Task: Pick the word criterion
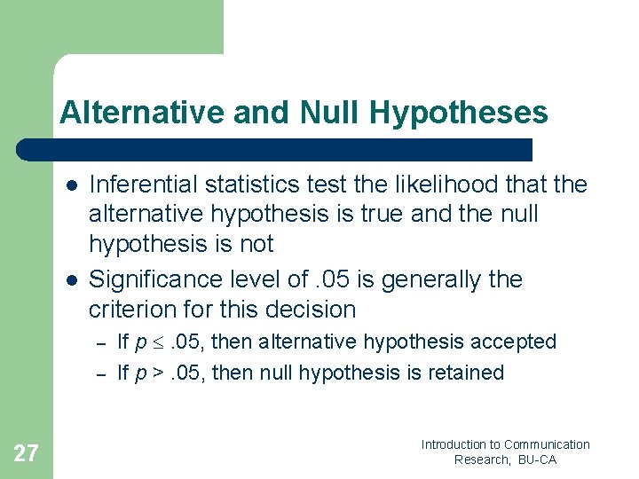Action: pos(128,310)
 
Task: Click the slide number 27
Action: pos(26,454)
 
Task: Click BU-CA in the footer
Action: pos(536,459)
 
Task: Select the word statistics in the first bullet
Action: pos(250,185)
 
